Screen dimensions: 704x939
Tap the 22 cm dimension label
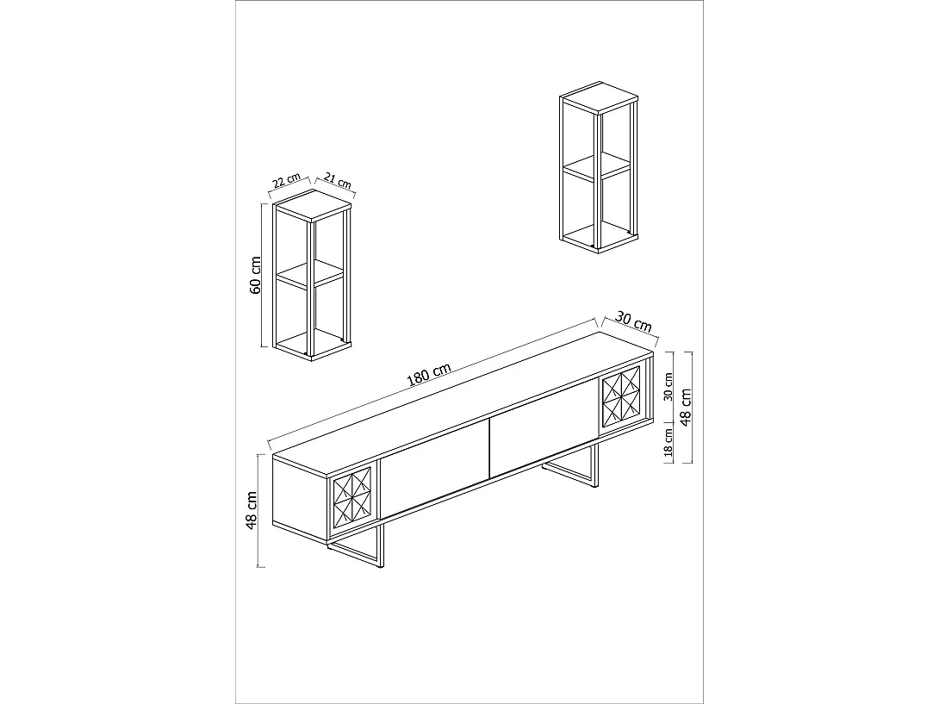[x=287, y=183]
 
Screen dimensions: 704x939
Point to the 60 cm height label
[x=255, y=275]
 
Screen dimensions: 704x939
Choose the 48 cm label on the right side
[x=687, y=405]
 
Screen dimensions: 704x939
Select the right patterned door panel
[x=621, y=396]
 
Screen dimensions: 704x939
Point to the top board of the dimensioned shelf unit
[x=311, y=203]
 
